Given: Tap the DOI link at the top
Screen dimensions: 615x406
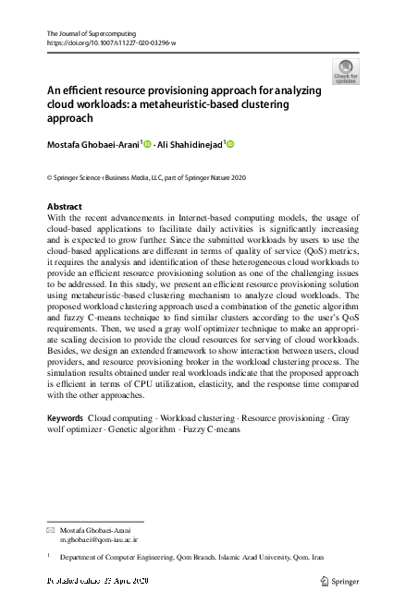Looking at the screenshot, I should point(111,42).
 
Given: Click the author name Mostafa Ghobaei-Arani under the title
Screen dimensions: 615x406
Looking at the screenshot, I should point(93,144).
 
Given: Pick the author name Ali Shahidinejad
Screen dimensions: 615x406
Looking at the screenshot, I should point(190,144).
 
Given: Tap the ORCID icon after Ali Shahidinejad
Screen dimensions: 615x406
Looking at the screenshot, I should point(230,144).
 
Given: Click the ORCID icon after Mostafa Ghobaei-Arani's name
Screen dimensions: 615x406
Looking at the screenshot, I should point(146,144).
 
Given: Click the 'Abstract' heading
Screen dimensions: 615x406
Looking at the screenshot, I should point(64,206).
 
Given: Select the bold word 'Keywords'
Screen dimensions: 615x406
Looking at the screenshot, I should point(66,419).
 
